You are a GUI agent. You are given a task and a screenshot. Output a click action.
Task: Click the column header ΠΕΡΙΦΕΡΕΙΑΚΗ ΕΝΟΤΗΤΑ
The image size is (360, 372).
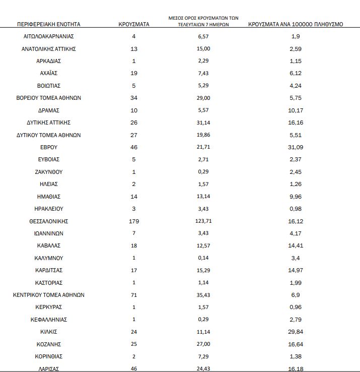(x=48, y=24)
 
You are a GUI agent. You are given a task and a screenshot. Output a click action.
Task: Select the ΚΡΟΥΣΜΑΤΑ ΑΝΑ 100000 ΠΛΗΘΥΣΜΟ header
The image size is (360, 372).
(x=296, y=24)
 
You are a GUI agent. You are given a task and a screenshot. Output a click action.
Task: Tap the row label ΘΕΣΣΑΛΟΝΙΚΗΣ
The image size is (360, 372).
(x=48, y=221)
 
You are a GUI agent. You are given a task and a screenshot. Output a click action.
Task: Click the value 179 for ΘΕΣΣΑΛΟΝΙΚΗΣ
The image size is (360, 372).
(x=133, y=221)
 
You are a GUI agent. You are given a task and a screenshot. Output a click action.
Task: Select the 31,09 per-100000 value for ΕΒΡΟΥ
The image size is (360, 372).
(x=296, y=147)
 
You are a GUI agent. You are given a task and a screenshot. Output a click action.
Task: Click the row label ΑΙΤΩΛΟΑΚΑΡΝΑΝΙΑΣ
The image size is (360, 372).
(x=48, y=36)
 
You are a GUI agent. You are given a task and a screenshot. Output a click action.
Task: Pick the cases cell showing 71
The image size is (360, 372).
(x=133, y=295)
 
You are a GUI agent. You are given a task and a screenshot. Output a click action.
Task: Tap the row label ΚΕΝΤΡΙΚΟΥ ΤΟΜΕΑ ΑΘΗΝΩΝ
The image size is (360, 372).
(x=48, y=295)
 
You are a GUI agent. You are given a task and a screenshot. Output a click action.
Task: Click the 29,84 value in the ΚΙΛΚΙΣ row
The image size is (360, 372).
(x=296, y=332)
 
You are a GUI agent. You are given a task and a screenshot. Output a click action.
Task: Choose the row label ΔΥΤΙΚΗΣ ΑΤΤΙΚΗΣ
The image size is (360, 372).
(x=48, y=122)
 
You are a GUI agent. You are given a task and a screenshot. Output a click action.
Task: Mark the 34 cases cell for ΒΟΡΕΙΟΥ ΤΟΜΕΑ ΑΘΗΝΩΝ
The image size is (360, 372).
(x=133, y=98)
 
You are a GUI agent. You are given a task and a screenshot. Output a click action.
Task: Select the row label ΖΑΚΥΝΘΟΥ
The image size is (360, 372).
(x=48, y=172)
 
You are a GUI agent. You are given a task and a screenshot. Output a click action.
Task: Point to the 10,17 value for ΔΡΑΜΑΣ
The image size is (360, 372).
(x=296, y=110)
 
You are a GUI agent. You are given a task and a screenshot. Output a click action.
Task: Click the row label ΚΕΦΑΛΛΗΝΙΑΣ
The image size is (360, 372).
(x=48, y=320)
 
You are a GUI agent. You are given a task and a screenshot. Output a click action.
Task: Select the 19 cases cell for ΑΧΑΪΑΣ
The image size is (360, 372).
(x=133, y=73)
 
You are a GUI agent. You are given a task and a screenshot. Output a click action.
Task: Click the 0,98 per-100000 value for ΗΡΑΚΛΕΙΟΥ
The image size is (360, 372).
(x=296, y=209)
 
